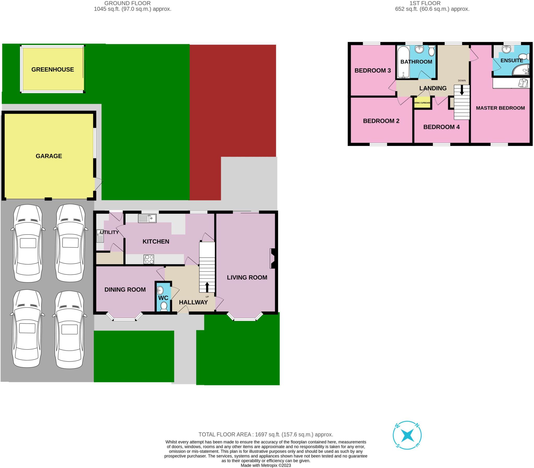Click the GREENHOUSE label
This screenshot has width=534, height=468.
[x=52, y=69]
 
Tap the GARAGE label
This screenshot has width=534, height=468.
[x=49, y=156]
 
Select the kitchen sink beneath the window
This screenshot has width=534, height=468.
[x=147, y=218]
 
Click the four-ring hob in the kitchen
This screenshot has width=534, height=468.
[x=149, y=259]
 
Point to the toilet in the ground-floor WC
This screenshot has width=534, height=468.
[x=164, y=306]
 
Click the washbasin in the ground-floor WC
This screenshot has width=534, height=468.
[x=160, y=290]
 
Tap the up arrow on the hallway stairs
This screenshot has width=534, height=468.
[x=207, y=287]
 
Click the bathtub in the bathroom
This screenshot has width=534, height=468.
[x=403, y=62]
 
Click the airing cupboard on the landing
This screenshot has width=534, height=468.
[x=422, y=103]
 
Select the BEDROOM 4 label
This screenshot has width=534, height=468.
[x=441, y=127]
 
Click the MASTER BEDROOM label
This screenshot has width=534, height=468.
[x=500, y=108]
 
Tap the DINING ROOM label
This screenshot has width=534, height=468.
[x=125, y=289]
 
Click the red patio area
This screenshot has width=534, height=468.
[x=232, y=105]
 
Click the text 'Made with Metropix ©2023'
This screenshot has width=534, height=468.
[x=265, y=465]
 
